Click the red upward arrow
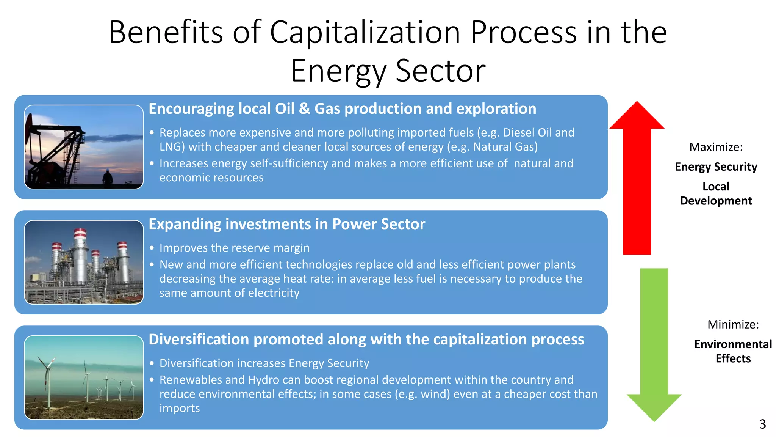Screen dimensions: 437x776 pyautogui.click(x=637, y=178)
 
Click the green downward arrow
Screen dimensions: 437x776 pyautogui.click(x=654, y=341)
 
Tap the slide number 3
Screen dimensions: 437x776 pyautogui.click(x=762, y=424)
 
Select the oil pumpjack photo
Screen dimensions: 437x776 pyautogui.click(x=84, y=147)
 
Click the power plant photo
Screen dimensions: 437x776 pyautogui.click(x=84, y=262)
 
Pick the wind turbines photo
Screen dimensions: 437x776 pyautogui.click(x=84, y=377)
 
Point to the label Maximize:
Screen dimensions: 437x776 pyautogui.click(x=716, y=147)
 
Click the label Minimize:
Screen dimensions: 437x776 pyautogui.click(x=733, y=324)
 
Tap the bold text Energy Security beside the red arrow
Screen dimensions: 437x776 pyautogui.click(x=716, y=167)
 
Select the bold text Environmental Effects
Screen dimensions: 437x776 pyautogui.click(x=733, y=351)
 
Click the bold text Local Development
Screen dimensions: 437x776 pyautogui.click(x=716, y=193)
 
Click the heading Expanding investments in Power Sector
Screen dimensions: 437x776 pyautogui.click(x=287, y=224)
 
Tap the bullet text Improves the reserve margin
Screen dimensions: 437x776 pyautogui.click(x=234, y=248)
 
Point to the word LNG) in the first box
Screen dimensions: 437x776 pyautogui.click(x=172, y=147)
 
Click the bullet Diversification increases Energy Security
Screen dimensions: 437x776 pyautogui.click(x=264, y=363)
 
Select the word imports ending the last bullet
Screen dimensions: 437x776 pyautogui.click(x=180, y=408)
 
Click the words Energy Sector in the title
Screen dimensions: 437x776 pyautogui.click(x=388, y=71)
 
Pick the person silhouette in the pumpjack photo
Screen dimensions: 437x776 pyautogui.click(x=108, y=178)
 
